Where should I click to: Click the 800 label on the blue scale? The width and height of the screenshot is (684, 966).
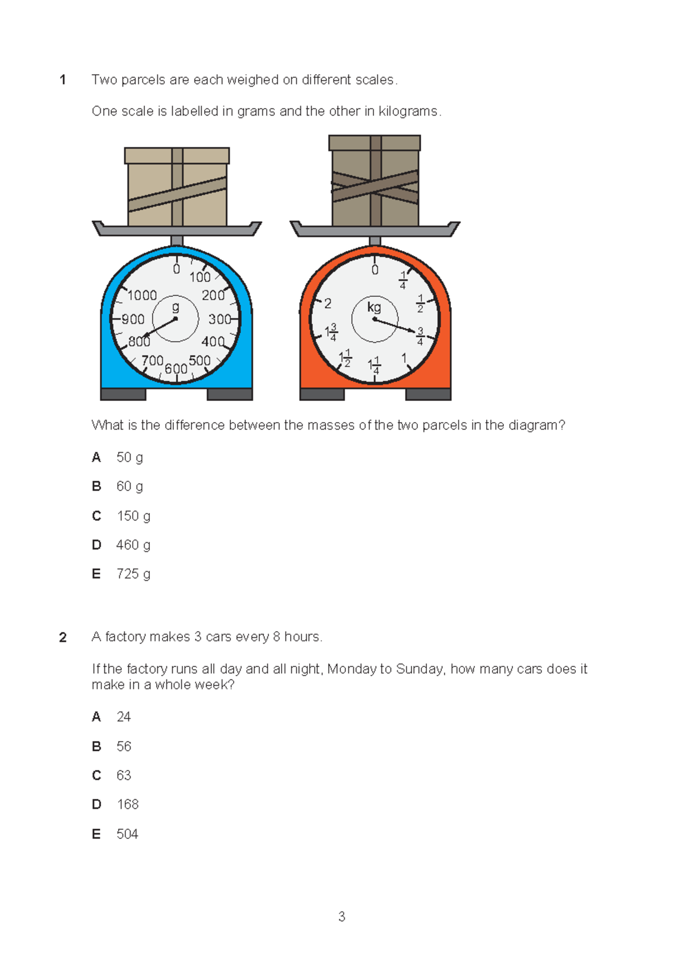[x=139, y=342]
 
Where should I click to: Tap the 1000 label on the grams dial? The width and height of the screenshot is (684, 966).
[x=142, y=295]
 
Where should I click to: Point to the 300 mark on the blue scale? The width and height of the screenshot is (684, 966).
[x=219, y=320]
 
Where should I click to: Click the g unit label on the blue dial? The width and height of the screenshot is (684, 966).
[x=176, y=308]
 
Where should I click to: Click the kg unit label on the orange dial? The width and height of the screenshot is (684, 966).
[x=374, y=308]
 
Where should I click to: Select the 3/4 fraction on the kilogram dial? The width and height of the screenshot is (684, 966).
[x=420, y=336]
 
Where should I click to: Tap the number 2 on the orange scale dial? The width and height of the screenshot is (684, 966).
[x=328, y=304]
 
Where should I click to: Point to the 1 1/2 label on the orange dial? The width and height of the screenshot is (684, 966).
[x=345, y=359]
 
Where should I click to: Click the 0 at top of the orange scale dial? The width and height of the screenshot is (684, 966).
[x=374, y=270]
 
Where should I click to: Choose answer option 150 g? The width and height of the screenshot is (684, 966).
[x=133, y=516]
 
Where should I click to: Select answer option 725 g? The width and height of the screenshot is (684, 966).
[x=133, y=574]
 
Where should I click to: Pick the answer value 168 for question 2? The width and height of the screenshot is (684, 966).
[x=128, y=804]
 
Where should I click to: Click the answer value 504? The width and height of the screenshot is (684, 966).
[x=127, y=834]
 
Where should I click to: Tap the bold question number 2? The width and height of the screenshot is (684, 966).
[x=63, y=637]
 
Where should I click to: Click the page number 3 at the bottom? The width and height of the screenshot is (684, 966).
[x=341, y=916]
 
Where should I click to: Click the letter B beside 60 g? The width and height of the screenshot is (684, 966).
[x=96, y=486]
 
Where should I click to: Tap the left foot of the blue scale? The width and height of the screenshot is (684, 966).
[x=123, y=394]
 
